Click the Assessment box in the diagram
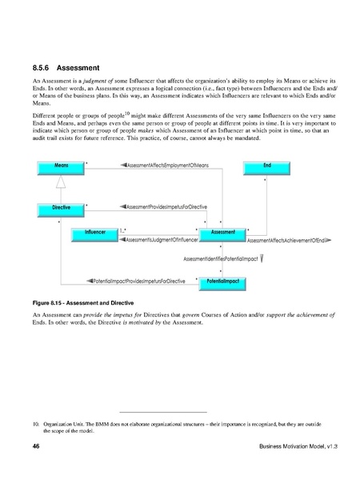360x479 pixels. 222,232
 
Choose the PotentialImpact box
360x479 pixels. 223,281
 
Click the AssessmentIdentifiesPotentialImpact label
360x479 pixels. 220,258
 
